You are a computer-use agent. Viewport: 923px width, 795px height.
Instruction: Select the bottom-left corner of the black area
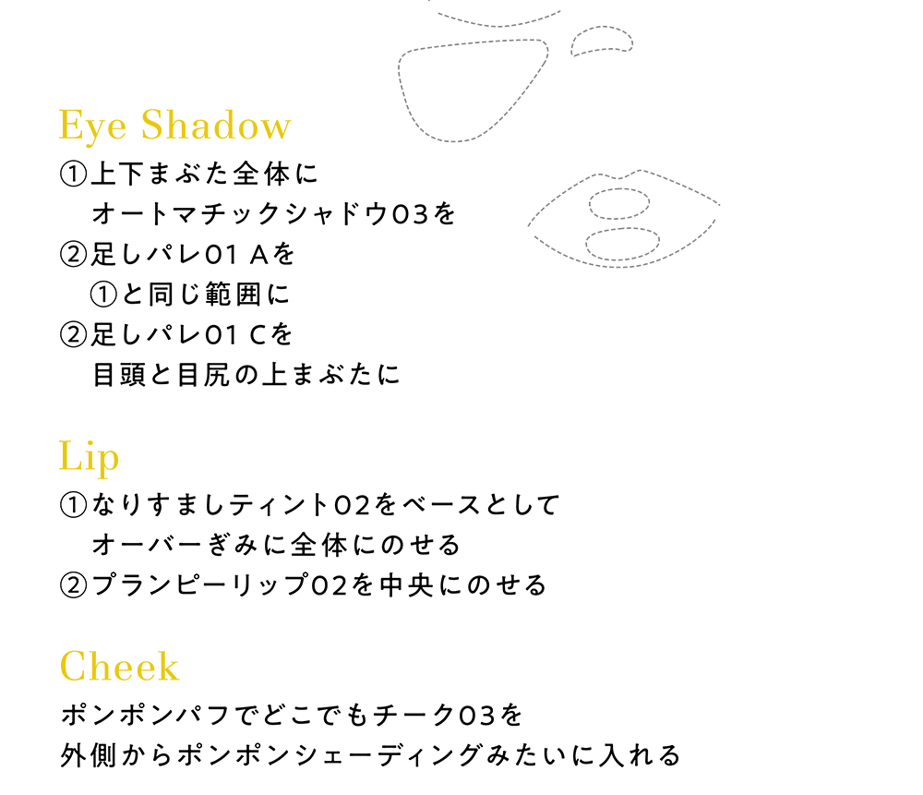(x=60, y=765)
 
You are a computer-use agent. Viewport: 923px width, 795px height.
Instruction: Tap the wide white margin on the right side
(x=821, y=397)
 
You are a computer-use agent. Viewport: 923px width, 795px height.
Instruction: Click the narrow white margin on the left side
(x=28, y=397)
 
